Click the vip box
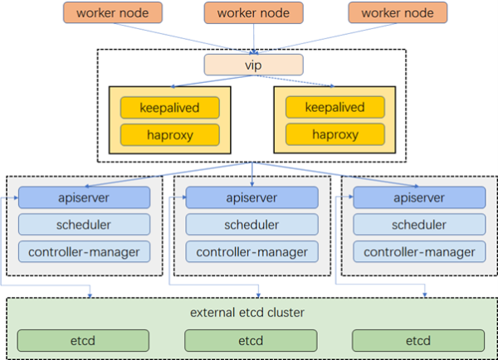coord(253,65)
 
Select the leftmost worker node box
coord(113,12)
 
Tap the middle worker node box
coord(253,12)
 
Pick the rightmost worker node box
coord(398,12)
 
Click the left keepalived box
coord(169,108)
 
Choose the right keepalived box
coord(335,107)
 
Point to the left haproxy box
coord(169,135)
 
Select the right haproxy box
coord(335,134)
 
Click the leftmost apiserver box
coord(84,197)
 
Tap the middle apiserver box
coord(251,197)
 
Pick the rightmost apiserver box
coord(419,197)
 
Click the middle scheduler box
coord(251,225)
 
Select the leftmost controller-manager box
coord(84,251)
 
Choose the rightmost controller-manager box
coord(419,251)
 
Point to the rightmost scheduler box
coord(419,225)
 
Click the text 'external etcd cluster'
coord(247,313)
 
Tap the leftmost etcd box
coord(83,341)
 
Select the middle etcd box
coord(251,341)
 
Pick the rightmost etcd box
coord(418,341)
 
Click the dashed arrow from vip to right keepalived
coord(295,80)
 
